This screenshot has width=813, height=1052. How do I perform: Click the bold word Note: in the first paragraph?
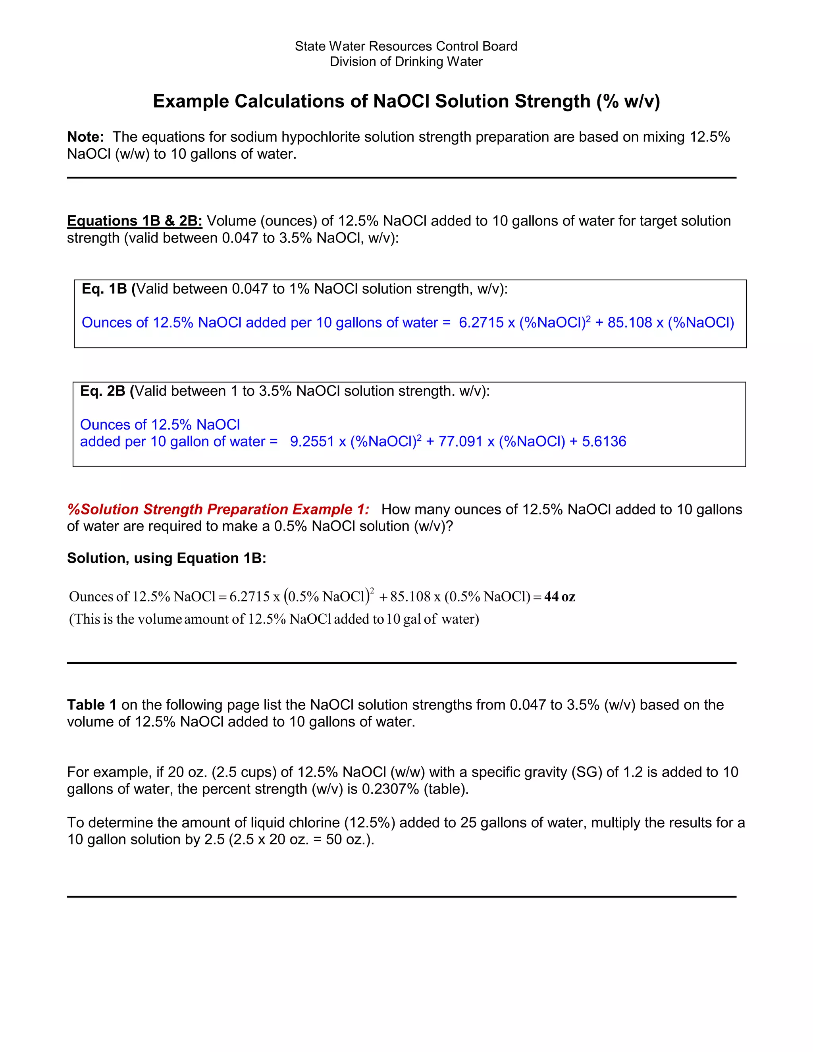(85, 137)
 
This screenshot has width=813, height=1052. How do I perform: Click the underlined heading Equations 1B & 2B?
(135, 221)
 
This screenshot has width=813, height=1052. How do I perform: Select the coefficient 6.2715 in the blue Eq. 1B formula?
(481, 322)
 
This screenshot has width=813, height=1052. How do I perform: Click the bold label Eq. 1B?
(104, 289)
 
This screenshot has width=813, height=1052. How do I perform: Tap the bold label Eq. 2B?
(102, 391)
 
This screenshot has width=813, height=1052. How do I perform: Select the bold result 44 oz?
(560, 597)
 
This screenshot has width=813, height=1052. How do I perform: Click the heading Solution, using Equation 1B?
(166, 558)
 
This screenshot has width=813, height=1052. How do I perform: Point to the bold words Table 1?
(92, 705)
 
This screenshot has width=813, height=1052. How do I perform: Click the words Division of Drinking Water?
(406, 62)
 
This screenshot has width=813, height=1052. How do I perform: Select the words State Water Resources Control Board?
(406, 46)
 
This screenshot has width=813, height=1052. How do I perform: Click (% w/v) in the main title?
(628, 102)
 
